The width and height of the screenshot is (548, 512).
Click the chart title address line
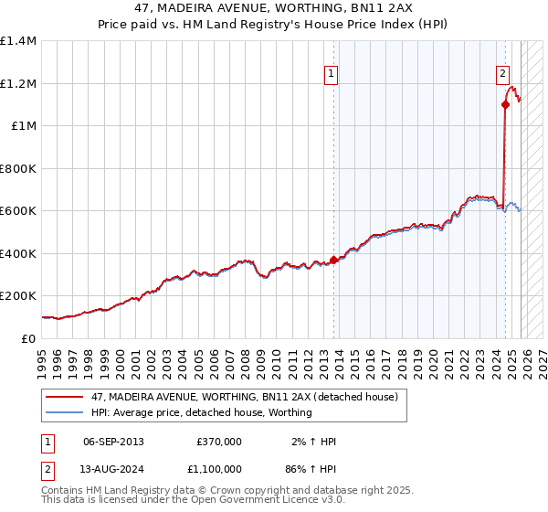[274, 8]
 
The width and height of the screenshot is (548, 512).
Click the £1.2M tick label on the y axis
[18, 83]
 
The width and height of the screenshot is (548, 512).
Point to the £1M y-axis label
[23, 125]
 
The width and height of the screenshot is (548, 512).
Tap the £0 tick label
[28, 338]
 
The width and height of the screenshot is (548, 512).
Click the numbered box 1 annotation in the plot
[330, 76]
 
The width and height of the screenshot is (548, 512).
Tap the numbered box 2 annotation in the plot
[502, 76]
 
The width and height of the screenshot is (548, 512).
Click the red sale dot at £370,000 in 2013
[333, 260]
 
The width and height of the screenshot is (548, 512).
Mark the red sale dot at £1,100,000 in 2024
[505, 104]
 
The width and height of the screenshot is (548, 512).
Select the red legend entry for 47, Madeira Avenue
[244, 398]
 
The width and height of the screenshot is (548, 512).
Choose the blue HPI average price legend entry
[201, 412]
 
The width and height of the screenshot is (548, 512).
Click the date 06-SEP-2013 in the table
[114, 442]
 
